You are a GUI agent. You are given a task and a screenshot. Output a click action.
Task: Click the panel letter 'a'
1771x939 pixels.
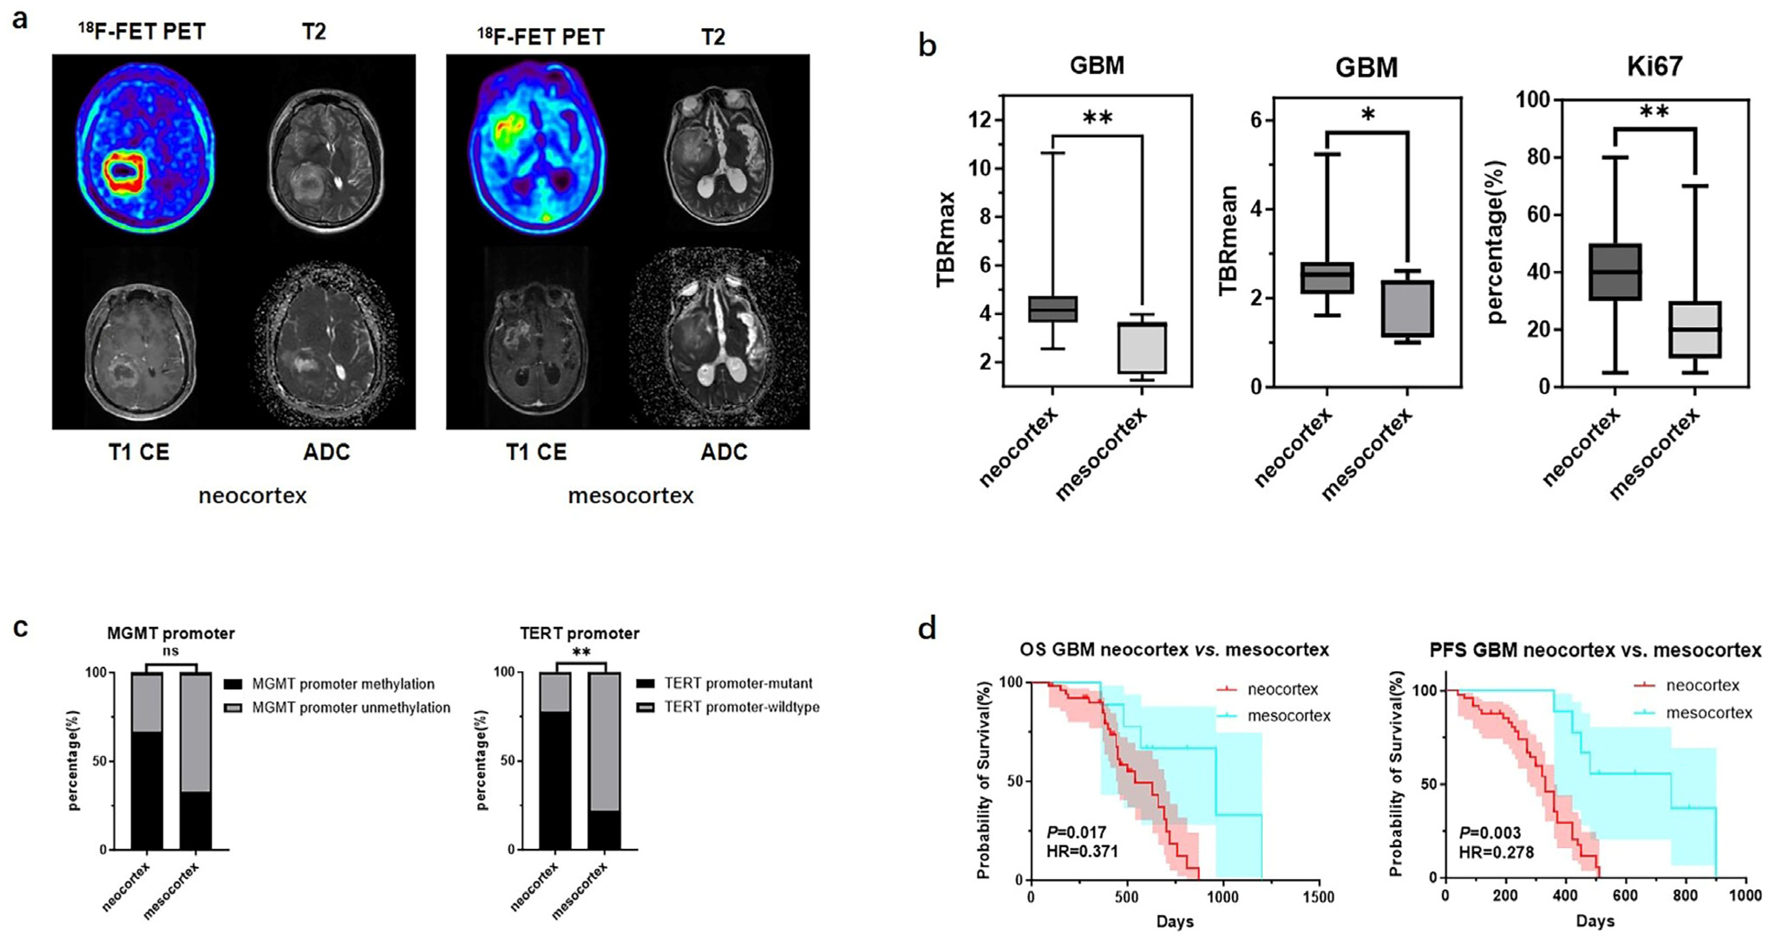coord(21,19)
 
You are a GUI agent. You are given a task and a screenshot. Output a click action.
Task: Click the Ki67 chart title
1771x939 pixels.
coord(1654,66)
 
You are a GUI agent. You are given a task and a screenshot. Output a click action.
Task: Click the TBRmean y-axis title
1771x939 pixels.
coord(1228,241)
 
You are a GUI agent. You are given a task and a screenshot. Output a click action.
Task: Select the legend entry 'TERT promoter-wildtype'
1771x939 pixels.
coord(741,707)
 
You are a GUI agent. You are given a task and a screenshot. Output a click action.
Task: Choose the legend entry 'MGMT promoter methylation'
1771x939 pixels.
coord(343,684)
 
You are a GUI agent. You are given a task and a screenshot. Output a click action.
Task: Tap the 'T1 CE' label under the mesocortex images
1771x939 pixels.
coord(536,452)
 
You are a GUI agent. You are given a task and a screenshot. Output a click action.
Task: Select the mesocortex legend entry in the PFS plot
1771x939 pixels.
coord(1709,712)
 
